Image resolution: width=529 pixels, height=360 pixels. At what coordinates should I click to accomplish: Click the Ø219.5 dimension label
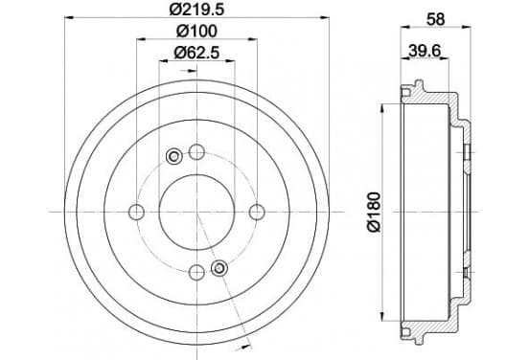(196, 10)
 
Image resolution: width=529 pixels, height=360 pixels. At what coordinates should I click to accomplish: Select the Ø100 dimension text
(196, 32)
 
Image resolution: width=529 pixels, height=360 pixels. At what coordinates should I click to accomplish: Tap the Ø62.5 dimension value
(196, 53)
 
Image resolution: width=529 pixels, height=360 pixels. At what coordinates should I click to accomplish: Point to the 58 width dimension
(435, 19)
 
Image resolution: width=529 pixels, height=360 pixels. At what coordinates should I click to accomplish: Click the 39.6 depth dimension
(425, 51)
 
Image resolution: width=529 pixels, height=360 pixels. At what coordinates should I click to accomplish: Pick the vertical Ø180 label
(374, 212)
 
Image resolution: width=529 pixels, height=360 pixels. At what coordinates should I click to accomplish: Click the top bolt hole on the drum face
(196, 152)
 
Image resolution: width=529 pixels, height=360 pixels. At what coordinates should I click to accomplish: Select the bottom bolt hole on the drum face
(196, 272)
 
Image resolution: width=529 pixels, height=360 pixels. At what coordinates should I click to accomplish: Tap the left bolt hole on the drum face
(137, 212)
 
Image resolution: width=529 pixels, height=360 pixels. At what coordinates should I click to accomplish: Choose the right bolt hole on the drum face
(257, 212)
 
